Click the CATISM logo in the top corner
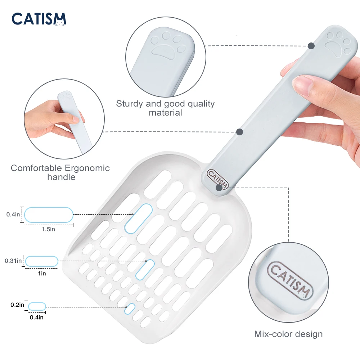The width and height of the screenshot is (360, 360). pyautogui.click(x=39, y=19)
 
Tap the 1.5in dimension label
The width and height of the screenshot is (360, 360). pyautogui.click(x=48, y=229)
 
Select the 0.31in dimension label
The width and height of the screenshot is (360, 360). pyautogui.click(x=13, y=261)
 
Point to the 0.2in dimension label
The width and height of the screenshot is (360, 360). pyautogui.click(x=17, y=305)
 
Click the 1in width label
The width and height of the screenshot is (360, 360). pyautogui.click(x=42, y=274)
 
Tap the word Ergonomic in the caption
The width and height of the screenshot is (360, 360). pyautogui.click(x=87, y=168)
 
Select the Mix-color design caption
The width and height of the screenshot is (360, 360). pyautogui.click(x=288, y=334)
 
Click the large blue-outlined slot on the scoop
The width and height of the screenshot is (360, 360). pyautogui.click(x=139, y=219)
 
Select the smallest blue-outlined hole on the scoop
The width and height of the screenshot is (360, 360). pyautogui.click(x=130, y=309)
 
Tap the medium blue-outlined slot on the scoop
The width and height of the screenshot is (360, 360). pyautogui.click(x=145, y=270)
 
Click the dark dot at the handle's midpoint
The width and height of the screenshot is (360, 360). pyautogui.click(x=239, y=132)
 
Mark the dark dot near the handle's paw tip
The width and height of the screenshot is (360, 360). pyautogui.click(x=311, y=46)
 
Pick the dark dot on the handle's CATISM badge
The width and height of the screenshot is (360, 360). pyautogui.click(x=219, y=188)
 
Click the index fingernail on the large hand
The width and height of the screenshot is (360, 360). pyautogui.click(x=303, y=86)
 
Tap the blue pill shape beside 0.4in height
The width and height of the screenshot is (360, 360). pyautogui.click(x=49, y=215)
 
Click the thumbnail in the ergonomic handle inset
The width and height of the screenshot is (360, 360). pyautogui.click(x=76, y=119)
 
